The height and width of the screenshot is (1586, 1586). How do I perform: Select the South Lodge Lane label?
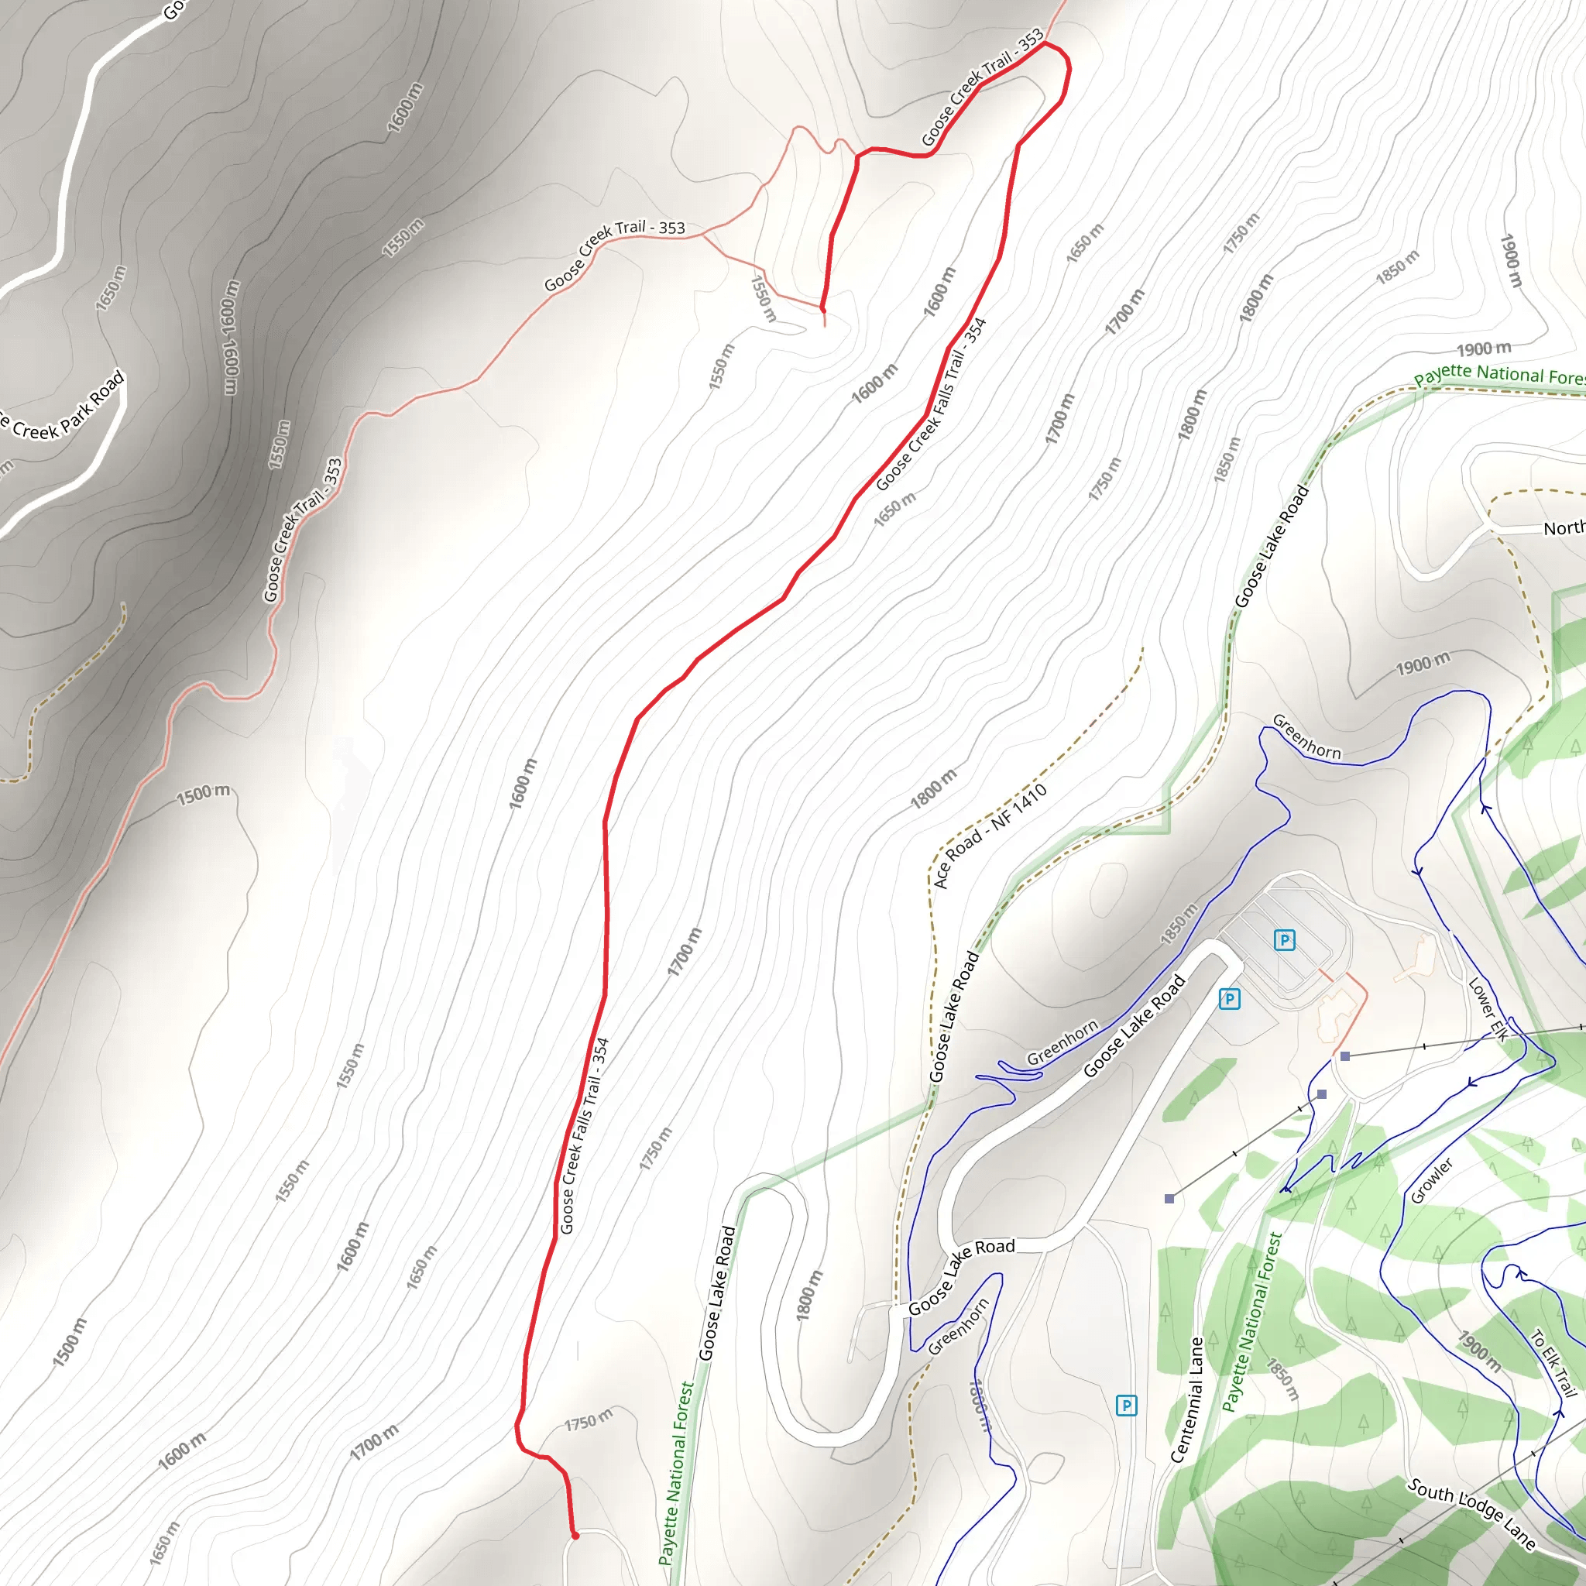click(x=1471, y=1513)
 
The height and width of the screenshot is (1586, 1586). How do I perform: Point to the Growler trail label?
click(x=1432, y=1179)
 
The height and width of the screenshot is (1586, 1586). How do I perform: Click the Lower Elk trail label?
click(x=1488, y=1010)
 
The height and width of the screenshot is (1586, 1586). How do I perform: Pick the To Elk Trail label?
click(x=1553, y=1363)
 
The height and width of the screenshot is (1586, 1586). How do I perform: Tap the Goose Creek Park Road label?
click(x=62, y=407)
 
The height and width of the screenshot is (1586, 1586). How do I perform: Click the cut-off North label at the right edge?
click(x=1563, y=528)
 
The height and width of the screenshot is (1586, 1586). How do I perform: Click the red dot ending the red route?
click(x=575, y=1535)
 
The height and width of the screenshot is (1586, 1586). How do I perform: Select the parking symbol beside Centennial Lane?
click(x=1126, y=1406)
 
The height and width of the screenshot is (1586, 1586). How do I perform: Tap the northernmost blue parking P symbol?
click(x=1284, y=940)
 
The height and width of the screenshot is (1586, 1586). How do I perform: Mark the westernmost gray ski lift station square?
click(x=1169, y=1199)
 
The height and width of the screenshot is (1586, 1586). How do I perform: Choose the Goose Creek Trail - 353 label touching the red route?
click(x=982, y=86)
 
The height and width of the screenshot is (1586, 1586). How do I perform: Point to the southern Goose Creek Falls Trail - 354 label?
click(x=584, y=1136)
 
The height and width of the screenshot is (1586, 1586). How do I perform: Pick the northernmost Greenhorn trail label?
click(x=1306, y=736)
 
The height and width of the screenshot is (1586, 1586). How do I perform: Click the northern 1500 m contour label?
click(x=204, y=794)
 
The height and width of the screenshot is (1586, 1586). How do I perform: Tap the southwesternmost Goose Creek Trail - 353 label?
click(x=301, y=530)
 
